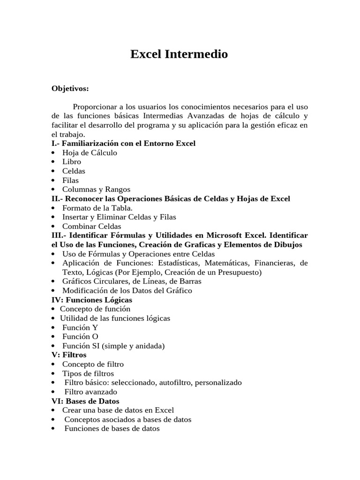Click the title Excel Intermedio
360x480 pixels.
179,54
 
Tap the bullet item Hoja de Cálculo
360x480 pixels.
90,153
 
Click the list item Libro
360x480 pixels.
72,162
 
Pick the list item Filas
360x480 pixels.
70,180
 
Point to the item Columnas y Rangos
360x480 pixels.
96,189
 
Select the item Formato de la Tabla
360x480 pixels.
97,208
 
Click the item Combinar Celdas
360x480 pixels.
91,226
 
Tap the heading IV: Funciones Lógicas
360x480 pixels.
92,300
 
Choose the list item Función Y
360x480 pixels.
80,328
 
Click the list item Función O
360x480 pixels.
80,337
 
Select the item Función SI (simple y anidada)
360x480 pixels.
113,346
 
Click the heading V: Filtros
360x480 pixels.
69,355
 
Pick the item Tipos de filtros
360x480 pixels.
88,374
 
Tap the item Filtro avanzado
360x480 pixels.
91,392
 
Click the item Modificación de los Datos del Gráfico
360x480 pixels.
127,291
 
